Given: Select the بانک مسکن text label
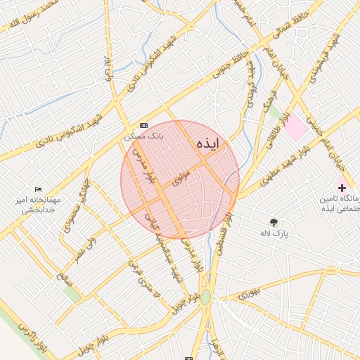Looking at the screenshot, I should [143, 136].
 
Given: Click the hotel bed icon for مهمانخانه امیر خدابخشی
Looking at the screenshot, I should [38, 190].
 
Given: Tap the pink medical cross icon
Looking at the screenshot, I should [342, 188].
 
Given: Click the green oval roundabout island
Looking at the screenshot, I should [205, 297].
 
